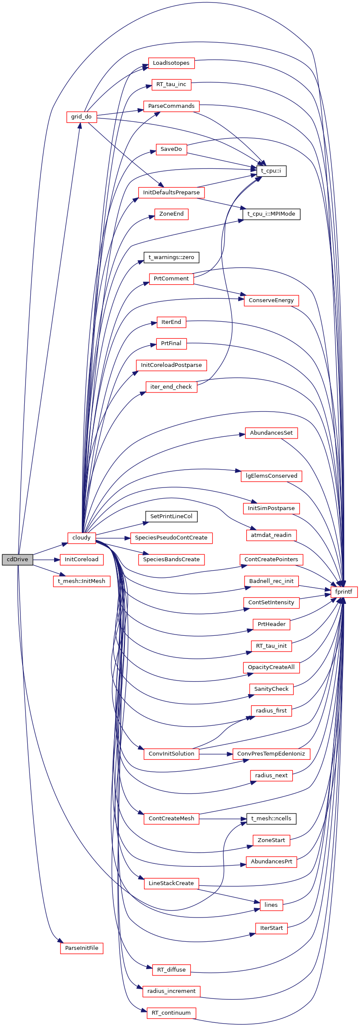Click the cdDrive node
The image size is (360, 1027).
17,560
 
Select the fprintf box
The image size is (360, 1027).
344,592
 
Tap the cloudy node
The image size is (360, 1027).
81,538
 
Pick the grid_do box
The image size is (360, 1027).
81,117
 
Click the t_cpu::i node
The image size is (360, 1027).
271,171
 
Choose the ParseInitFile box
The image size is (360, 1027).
81,948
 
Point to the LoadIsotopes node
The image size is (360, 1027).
171,63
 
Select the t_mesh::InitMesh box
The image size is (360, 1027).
81,581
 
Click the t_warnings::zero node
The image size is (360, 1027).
171,257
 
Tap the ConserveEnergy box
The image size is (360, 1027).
271,300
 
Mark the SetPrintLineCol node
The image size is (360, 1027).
171,516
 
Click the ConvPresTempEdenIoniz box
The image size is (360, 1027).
271,754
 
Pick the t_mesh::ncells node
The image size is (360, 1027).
271,819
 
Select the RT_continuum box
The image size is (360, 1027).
171,1013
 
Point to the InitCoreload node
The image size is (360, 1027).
81,560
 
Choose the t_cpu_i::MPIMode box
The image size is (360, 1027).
271,214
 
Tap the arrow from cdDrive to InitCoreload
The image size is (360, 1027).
46,560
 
